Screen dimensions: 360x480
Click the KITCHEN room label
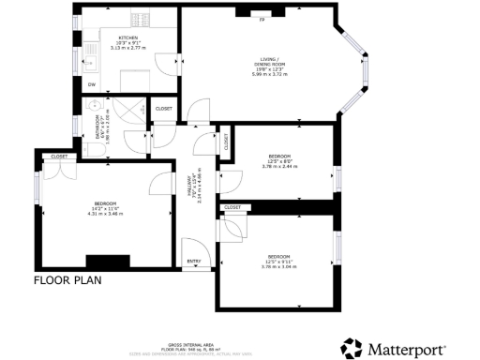coord(128,37)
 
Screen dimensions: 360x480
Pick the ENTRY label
coord(193,262)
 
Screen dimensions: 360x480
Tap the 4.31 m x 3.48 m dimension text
coord(105,214)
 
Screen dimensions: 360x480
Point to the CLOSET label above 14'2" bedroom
coord(59,157)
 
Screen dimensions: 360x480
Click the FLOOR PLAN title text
coord(67,279)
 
